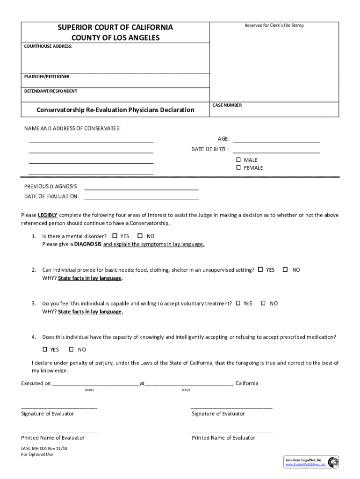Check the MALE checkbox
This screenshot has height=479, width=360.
click(x=238, y=160)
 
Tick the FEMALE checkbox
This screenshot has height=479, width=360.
click(x=238, y=167)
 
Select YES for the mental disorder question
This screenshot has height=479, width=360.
click(x=115, y=236)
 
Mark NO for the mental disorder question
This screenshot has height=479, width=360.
click(x=140, y=236)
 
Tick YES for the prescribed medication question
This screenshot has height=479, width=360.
click(x=45, y=349)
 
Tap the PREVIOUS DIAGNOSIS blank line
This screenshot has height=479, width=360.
click(x=141, y=189)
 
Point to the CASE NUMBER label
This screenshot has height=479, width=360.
click(x=227, y=105)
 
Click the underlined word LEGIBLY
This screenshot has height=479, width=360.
click(x=48, y=215)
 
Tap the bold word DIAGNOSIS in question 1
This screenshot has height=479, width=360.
click(x=87, y=244)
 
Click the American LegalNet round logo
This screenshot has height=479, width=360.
click(x=333, y=462)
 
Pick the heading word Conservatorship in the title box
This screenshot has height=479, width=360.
click(x=60, y=110)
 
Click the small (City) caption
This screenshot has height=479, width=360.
click(x=186, y=390)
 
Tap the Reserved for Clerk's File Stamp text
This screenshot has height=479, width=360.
click(x=274, y=25)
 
